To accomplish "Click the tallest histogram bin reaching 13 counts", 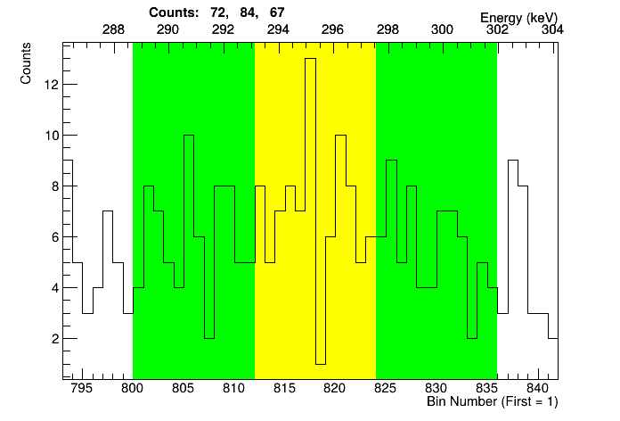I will (x=310, y=60).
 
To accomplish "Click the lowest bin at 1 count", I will (x=321, y=362).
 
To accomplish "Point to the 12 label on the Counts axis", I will (x=51, y=85).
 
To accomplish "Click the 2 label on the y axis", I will (x=53, y=339).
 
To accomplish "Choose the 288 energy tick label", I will (x=113, y=29).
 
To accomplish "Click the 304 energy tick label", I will (x=551, y=29).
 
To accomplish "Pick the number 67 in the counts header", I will (x=276, y=13).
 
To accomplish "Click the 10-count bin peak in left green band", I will (x=188, y=136).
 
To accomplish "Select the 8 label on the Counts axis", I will (x=53, y=186).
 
